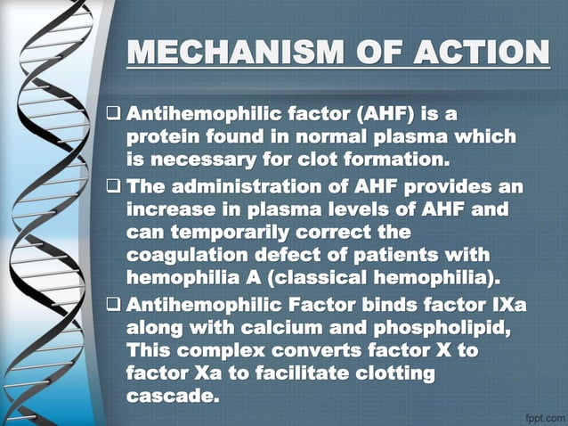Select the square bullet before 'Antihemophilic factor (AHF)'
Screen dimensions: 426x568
click(113, 115)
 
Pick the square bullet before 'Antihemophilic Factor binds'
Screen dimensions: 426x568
click(113, 306)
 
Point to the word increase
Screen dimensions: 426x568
click(173, 211)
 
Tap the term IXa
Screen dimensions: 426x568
click(507, 306)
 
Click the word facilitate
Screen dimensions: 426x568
click(308, 373)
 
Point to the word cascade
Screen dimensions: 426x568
click(173, 396)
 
